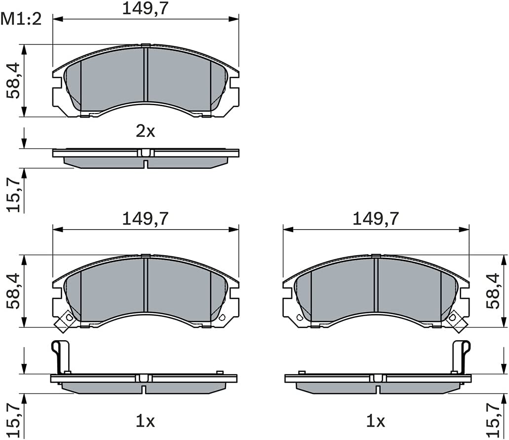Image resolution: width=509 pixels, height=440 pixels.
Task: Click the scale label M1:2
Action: pos(21,19)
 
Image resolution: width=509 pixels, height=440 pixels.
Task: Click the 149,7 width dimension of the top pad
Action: pos(146,8)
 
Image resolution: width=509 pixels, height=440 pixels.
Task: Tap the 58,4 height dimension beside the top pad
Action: pos(14,80)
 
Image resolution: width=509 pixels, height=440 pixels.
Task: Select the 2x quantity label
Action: pos(146,131)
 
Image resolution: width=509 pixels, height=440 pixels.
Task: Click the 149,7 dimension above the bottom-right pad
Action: pos(376,219)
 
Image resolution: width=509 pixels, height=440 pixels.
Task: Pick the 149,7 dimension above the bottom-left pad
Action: pos(146,219)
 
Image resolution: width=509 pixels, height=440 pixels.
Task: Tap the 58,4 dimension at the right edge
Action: pos(493,291)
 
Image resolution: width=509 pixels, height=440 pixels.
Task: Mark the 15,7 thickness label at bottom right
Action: pos(493,420)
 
